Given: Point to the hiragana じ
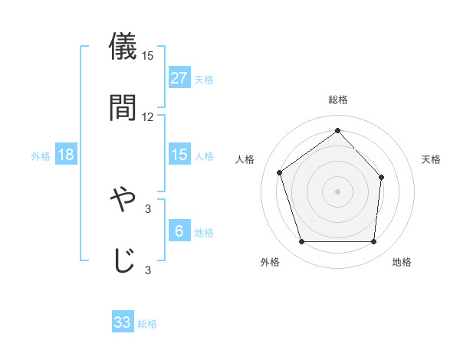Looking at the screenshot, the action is tap(123, 259).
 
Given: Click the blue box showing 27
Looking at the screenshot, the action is tap(179, 78).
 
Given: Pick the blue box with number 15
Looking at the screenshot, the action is tap(179, 155).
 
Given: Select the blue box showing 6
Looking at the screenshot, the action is tap(179, 231).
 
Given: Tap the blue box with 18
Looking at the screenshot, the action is tap(66, 155).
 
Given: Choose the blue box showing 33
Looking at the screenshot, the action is tap(123, 322).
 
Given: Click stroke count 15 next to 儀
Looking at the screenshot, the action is tap(148, 56).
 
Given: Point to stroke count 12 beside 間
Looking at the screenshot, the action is tap(148, 117).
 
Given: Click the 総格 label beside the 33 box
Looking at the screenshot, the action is tap(147, 324).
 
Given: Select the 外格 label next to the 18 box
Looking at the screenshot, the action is tap(41, 156).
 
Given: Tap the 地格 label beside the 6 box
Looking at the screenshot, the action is tap(204, 233).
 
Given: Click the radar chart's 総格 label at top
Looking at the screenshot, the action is tap(337, 100).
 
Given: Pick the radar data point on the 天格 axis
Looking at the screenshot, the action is tap(382, 176).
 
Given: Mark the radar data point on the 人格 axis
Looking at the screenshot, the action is tap(280, 172).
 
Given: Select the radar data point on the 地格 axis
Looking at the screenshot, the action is tap(373, 242).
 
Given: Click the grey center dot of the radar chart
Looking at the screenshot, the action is tap(337, 191).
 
